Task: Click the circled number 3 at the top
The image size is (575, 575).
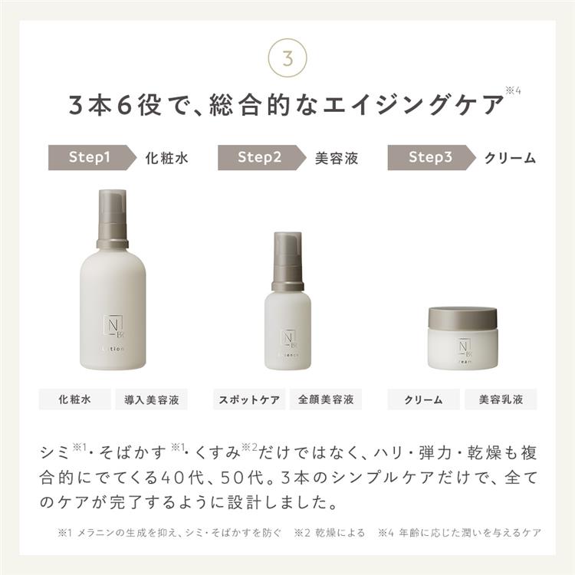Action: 287,58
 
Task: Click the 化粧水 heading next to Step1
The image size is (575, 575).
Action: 166,158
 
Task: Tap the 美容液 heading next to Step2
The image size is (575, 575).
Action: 337,158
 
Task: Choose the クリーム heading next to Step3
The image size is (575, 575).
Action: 510,158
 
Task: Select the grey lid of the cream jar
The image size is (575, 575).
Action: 462,317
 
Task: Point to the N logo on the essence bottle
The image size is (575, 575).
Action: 287,337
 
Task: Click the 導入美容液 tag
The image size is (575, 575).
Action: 151,399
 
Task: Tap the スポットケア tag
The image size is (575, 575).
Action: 249,399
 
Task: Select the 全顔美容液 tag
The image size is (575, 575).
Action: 326,399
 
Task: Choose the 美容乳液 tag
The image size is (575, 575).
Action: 501,399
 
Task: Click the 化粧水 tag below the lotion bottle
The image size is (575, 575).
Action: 74,399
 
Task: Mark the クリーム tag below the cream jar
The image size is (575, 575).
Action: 423,399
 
